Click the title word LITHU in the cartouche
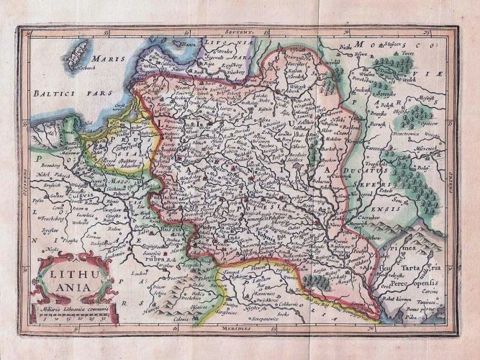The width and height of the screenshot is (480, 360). coord(68,271)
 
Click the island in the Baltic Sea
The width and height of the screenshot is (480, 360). coord(78,56)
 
